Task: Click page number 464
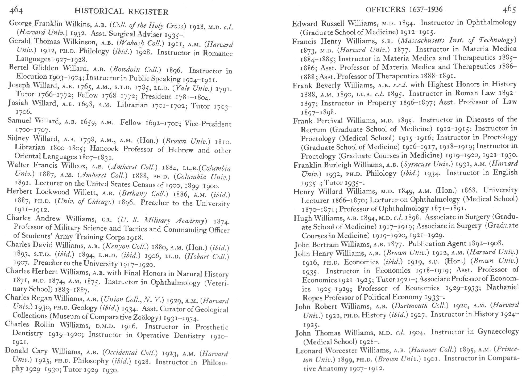click(x=16, y=10)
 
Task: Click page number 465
click(x=509, y=10)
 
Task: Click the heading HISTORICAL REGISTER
click(x=121, y=12)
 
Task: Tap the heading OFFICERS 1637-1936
click(x=404, y=10)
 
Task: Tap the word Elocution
click(x=31, y=77)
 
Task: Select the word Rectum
click(x=313, y=130)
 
